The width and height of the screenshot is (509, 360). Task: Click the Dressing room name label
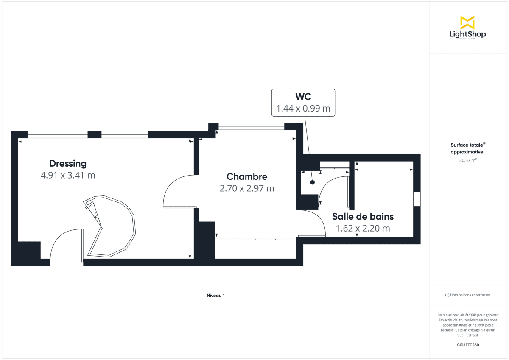(x=68, y=163)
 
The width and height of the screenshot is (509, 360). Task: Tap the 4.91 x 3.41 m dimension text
(x=68, y=175)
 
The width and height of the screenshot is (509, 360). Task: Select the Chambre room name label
(x=247, y=176)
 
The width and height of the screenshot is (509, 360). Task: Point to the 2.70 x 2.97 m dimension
(x=247, y=188)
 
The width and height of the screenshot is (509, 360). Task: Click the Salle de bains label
(x=363, y=216)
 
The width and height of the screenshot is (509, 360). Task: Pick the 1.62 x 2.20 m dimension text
(x=363, y=228)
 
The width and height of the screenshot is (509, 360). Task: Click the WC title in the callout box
(x=303, y=97)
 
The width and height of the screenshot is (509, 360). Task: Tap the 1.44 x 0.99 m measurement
(x=303, y=109)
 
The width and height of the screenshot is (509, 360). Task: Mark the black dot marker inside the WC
(x=313, y=182)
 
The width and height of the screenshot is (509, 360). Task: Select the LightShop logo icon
(x=467, y=22)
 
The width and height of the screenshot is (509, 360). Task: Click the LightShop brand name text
(x=467, y=34)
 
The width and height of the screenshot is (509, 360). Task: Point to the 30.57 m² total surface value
(x=467, y=160)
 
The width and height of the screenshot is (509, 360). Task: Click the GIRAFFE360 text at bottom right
(x=467, y=345)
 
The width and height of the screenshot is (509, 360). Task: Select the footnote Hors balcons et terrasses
(x=467, y=295)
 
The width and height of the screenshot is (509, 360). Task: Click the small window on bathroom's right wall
(x=417, y=199)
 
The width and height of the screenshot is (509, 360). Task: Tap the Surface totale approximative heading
(x=467, y=148)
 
